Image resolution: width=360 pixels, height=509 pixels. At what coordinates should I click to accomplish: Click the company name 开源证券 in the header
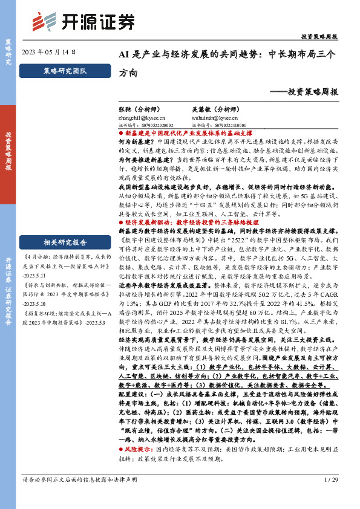tap(90, 23)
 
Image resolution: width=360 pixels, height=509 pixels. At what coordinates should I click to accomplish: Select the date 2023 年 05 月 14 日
tap(50, 53)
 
